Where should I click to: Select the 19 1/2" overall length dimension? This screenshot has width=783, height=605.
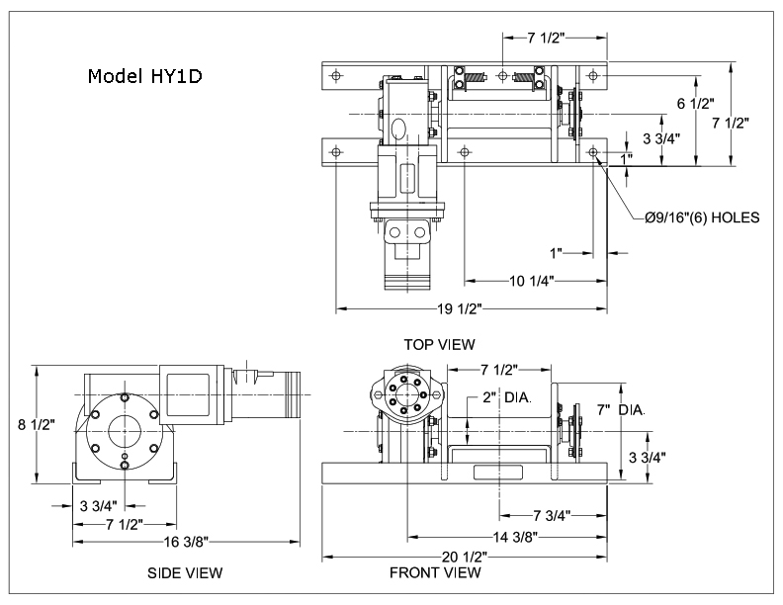point(459,309)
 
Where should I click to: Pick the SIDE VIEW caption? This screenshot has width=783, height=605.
point(185,572)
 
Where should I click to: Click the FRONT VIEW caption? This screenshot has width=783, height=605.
point(435,572)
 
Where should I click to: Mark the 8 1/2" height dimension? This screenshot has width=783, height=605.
point(38,423)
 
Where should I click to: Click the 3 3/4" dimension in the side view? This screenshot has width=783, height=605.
point(101,504)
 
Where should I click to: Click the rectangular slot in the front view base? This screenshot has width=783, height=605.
point(496,473)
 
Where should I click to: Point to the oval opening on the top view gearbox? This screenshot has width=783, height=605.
point(398,128)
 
